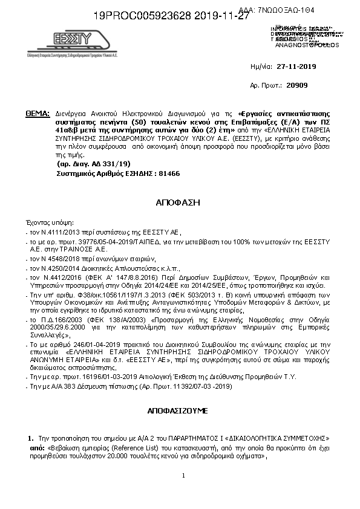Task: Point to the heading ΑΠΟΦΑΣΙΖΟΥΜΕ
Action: click(177, 410)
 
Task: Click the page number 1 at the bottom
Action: click(183, 476)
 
